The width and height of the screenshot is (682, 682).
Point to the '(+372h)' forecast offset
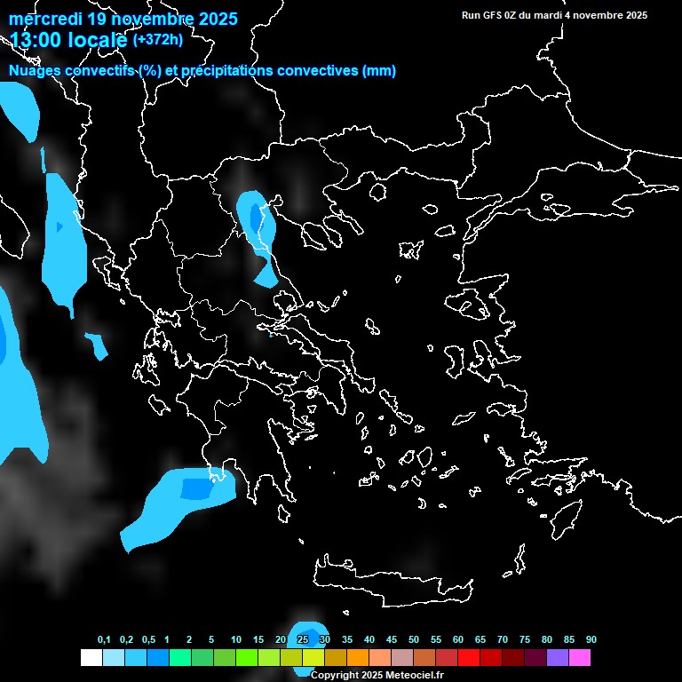point(157,39)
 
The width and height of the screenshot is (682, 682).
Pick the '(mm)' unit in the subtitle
point(379,71)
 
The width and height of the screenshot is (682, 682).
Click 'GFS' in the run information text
point(495,15)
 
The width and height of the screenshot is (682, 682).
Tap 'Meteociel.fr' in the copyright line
point(415,675)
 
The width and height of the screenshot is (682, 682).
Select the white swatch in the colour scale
point(91,658)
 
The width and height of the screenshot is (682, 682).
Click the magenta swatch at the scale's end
point(580,658)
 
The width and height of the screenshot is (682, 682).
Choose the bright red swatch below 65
point(469,658)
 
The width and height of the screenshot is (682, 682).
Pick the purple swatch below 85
point(558,658)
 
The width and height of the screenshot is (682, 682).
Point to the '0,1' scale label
point(104,640)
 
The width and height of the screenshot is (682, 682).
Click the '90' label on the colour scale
point(591,640)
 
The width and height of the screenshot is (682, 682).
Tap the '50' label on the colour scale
point(414,640)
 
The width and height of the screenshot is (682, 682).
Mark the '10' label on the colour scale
point(236,640)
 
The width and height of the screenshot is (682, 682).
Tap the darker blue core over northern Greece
point(256,217)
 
